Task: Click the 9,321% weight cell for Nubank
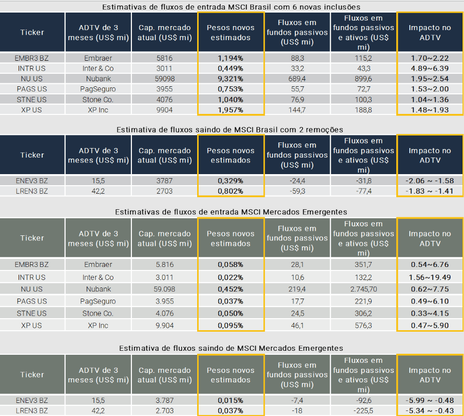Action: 231,79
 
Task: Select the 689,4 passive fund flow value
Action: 297,79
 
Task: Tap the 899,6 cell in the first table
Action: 363,79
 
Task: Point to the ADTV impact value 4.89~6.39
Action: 429,68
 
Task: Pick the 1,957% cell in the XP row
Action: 231,110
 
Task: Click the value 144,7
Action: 297,110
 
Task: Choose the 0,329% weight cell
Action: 231,181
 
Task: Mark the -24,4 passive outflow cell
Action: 297,181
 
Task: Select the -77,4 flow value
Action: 363,191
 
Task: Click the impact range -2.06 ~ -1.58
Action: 429,181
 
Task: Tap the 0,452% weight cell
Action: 231,289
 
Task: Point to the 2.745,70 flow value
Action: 363,289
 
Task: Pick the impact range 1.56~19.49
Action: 429,277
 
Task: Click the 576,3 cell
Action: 363,326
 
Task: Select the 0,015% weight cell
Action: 231,400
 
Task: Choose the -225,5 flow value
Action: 363,411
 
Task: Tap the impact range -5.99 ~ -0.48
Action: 429,400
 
